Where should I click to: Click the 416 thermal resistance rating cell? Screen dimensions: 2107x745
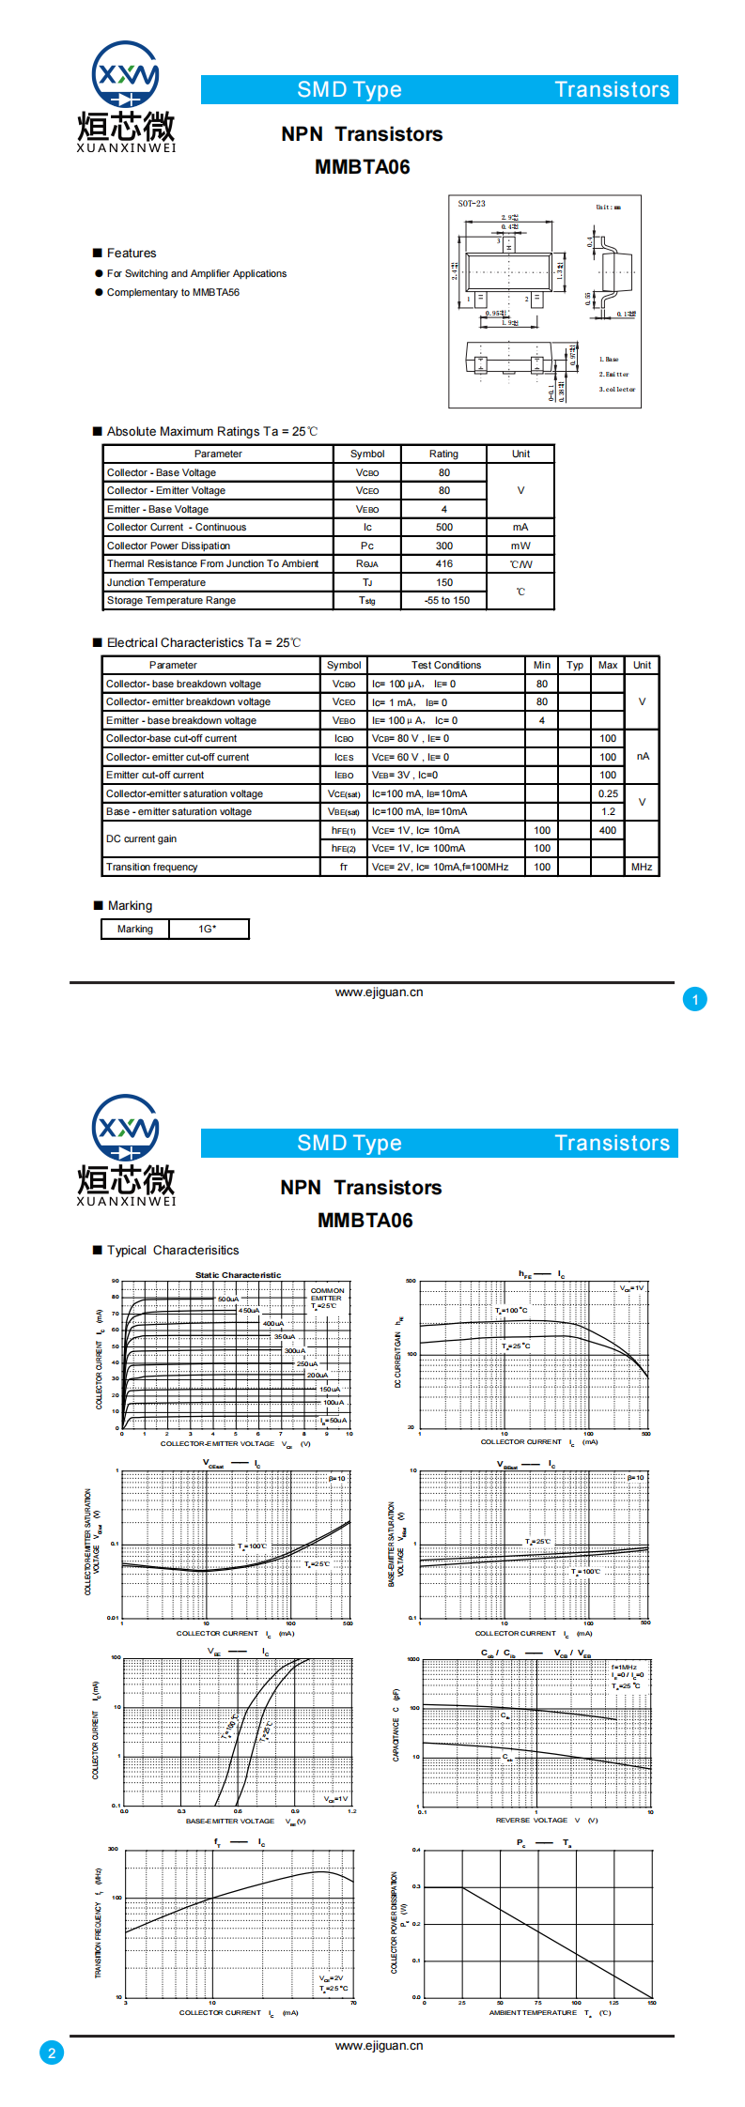pos(443,564)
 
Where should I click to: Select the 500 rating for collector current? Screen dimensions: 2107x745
pos(443,528)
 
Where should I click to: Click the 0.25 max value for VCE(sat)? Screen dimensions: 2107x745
pos(608,794)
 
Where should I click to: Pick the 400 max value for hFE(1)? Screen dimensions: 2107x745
pos(608,831)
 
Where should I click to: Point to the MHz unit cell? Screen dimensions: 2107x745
pos(642,868)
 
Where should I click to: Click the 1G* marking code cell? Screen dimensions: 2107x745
pos(208,930)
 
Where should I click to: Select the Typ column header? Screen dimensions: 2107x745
pos(575,666)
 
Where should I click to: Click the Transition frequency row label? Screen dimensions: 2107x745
pos(152,868)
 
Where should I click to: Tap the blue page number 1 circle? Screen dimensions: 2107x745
pos(695,1000)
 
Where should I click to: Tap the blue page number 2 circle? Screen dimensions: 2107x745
pos(52,2053)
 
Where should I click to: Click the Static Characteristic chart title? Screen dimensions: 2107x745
pos(238,1275)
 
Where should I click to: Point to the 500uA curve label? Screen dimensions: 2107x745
pos(228,1300)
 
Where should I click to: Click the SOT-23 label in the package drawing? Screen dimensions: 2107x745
pos(472,204)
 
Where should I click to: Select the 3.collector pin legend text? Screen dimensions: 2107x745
pos(617,390)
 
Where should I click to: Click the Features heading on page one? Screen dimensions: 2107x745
pos(132,254)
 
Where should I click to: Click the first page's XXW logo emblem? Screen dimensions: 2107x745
pos(126,74)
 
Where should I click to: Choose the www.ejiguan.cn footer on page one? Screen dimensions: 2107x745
pos(379,992)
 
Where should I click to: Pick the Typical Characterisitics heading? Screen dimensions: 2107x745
pos(173,1251)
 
